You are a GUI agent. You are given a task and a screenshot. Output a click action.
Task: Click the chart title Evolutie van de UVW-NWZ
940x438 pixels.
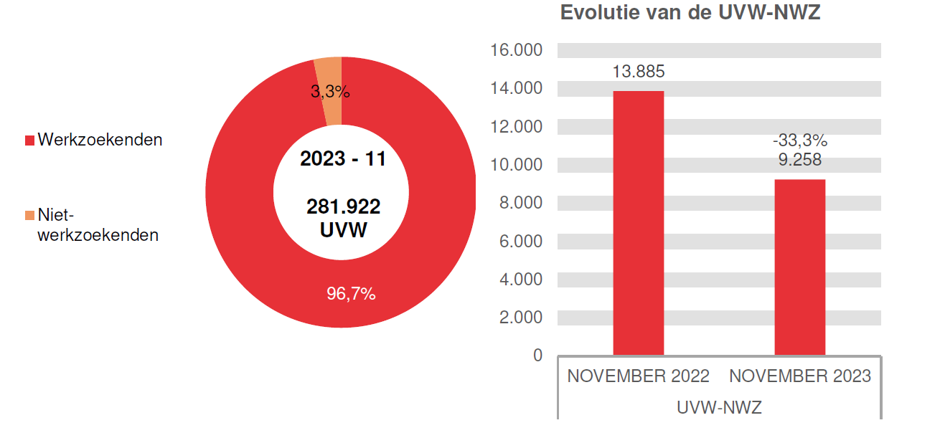pos(690,13)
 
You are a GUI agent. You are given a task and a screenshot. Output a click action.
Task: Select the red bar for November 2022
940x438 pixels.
pos(638,222)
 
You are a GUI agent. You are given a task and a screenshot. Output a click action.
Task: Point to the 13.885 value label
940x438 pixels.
pos(638,72)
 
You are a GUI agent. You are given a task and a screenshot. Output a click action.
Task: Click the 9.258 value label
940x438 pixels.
pos(800,160)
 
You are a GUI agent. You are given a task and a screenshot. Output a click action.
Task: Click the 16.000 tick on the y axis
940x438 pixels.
pos(517,50)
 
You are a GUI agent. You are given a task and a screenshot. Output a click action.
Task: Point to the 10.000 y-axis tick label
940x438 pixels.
pos(517,165)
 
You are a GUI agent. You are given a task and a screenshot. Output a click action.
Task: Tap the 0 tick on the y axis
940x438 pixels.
pos(538,356)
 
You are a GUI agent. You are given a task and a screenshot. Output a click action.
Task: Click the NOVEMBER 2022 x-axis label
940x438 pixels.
pos(638,376)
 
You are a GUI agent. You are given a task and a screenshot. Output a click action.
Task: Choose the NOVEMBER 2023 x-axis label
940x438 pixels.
pos(800,376)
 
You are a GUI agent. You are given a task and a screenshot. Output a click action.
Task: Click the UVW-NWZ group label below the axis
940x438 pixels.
pos(719,407)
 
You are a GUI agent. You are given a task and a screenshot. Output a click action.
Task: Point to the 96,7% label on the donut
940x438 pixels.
pos(351,294)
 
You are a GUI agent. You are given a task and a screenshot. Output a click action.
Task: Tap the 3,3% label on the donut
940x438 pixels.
pos(330,92)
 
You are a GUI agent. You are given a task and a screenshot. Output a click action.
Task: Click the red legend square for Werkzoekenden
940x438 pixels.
pos(29,141)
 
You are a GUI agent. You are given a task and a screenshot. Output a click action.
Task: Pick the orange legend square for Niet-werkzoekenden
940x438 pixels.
pos(29,215)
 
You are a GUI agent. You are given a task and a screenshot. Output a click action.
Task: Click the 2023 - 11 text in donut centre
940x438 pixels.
pos(343,159)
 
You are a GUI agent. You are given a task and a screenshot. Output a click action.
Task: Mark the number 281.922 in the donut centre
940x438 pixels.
pos(343,207)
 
